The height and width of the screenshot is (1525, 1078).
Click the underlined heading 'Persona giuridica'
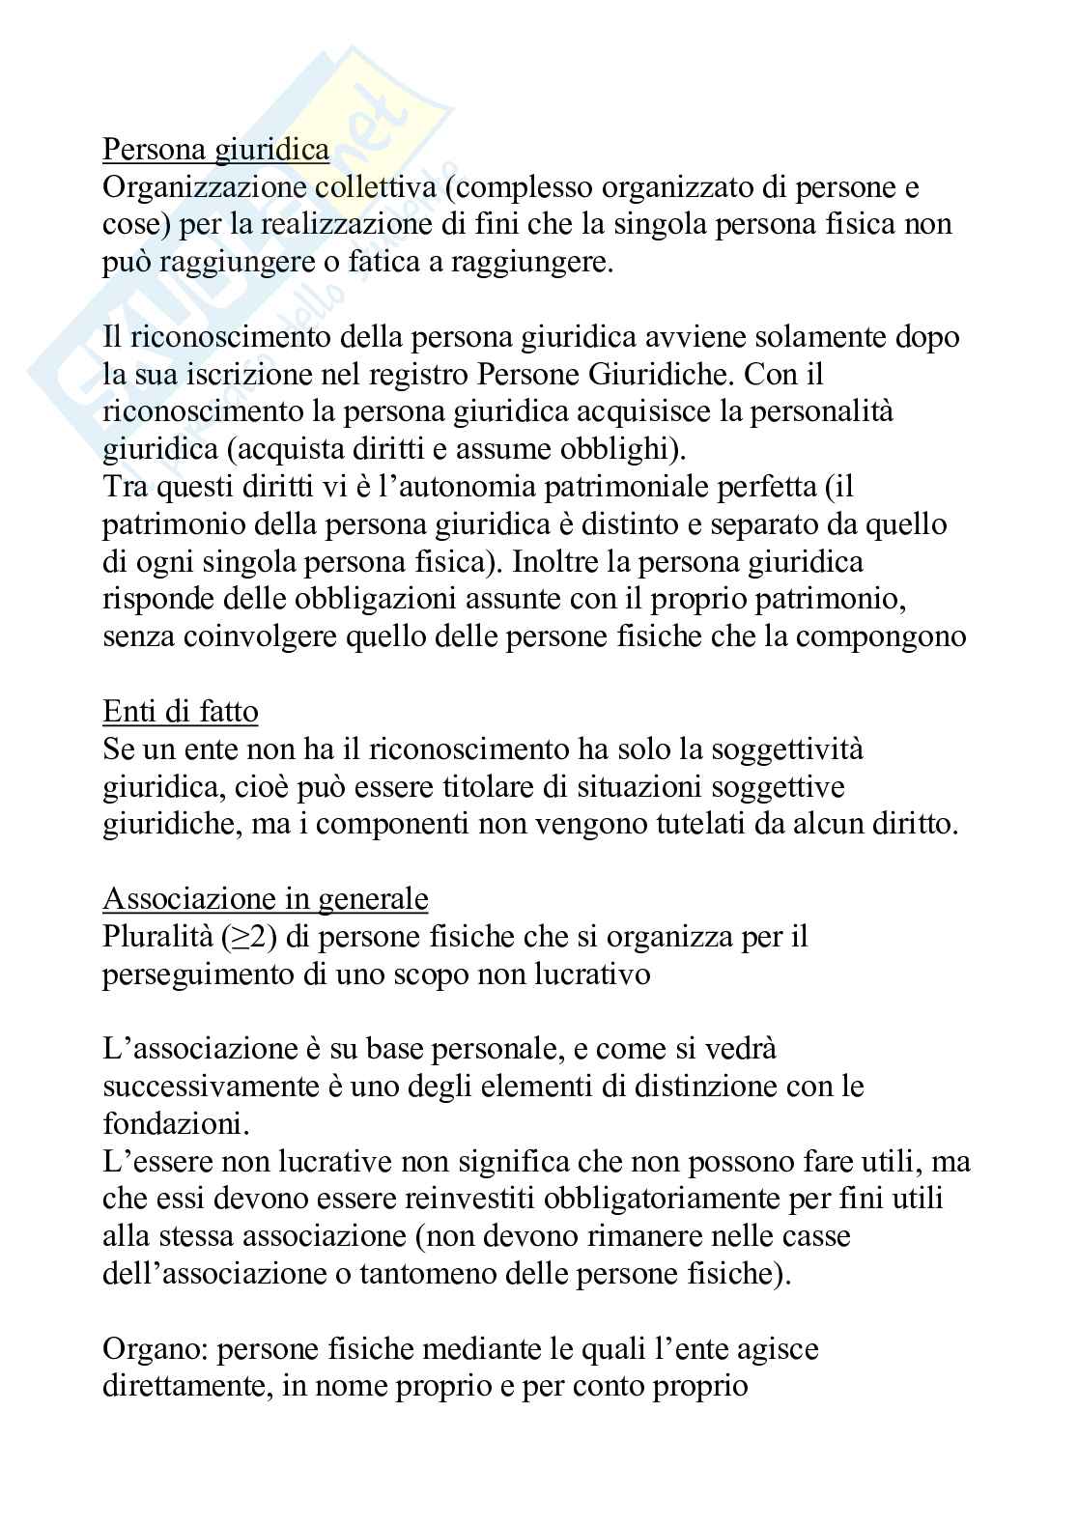point(215,151)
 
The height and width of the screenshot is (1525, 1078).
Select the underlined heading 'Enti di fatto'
point(181,713)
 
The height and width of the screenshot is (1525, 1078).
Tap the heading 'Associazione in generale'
point(266,900)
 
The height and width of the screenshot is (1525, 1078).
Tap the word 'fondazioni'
point(174,1125)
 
